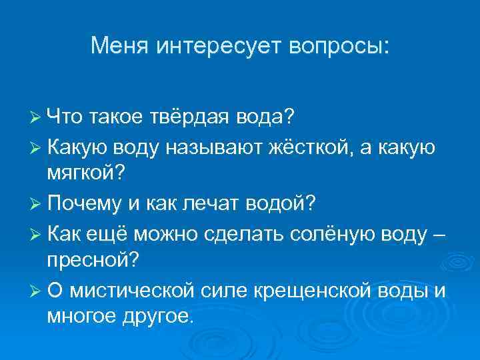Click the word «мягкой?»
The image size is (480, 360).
coord(84,174)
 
